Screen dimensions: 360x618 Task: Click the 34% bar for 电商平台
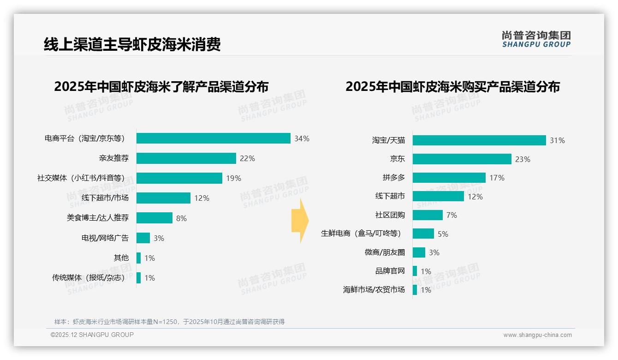point(213,138)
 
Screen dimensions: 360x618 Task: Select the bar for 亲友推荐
point(186,158)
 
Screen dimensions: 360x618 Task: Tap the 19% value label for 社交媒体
point(233,178)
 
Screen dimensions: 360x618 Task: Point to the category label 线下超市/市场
point(105,198)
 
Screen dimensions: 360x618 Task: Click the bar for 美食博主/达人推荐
point(154,218)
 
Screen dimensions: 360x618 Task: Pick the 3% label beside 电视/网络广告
point(159,238)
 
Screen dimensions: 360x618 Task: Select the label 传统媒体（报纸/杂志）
point(90,278)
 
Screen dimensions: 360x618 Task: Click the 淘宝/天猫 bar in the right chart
point(479,140)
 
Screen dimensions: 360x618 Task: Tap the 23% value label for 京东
point(523,159)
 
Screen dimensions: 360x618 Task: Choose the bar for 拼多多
point(449,178)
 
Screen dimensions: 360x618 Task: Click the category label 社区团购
point(390,215)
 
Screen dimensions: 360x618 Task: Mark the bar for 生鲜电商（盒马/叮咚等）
point(423,234)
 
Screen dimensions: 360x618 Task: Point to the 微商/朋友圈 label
point(385,252)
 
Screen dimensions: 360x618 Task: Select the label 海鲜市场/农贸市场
point(374,290)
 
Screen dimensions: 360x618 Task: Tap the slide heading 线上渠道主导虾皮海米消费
point(132,44)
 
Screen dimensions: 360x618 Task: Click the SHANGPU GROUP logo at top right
point(536,39)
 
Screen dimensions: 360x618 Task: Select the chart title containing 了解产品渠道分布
point(161,87)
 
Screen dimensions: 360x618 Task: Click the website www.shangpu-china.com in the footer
point(537,335)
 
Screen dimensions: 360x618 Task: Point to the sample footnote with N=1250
point(169,322)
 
